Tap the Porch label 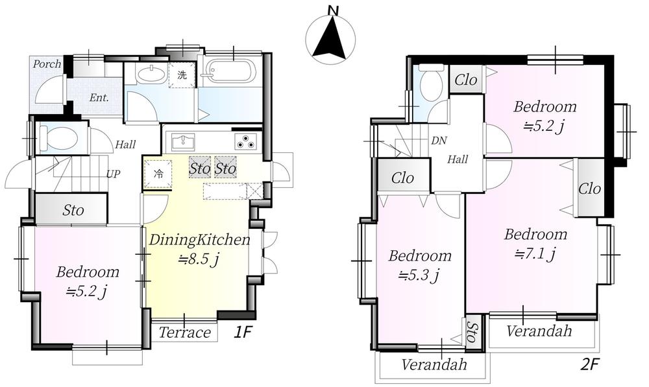47,64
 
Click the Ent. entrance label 99,98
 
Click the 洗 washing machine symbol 182,75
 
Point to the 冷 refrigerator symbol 158,174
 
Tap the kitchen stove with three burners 246,141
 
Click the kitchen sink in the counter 182,141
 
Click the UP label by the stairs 113,174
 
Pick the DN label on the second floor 439,141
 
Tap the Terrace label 184,333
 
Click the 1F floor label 243,333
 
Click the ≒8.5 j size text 198,260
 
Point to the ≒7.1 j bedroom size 535,253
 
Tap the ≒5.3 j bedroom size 419,274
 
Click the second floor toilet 432,83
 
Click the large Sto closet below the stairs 71,209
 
